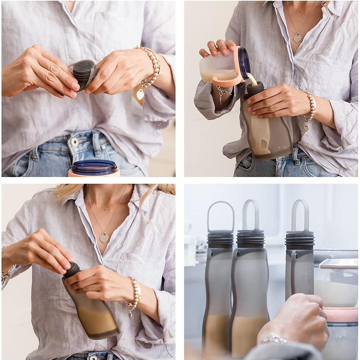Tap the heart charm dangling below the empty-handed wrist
point(140,94)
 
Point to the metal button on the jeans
point(75,142)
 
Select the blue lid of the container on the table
point(94,167)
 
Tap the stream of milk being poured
point(253,79)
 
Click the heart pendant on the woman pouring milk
point(297,38)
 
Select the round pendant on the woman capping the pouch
point(104,238)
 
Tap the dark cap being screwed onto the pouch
point(72,270)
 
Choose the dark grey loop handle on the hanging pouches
point(221,217)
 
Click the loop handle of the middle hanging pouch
point(251,214)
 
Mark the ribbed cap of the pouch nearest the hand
point(300,240)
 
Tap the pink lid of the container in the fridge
point(341,314)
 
